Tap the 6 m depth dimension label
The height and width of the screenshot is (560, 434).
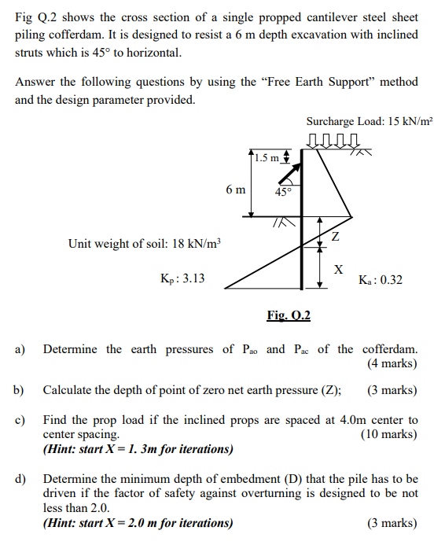pos(234,190)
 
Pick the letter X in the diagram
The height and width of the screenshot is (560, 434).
pos(338,270)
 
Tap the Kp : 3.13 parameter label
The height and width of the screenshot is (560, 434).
pos(182,278)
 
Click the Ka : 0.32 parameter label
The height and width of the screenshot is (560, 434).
pos(380,280)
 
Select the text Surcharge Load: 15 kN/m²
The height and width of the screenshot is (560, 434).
pos(369,122)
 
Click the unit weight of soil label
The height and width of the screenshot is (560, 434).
pos(145,244)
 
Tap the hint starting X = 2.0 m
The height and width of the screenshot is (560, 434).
pos(138,523)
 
